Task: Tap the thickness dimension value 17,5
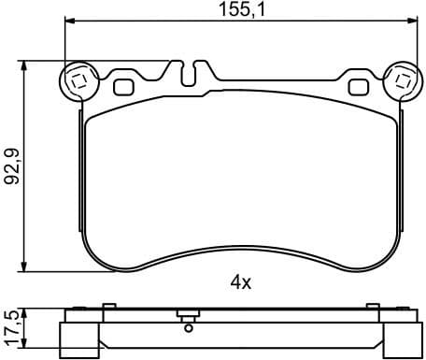[x=12, y=327]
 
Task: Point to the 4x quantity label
[x=241, y=281]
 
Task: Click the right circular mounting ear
[x=404, y=80]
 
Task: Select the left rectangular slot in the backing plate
[x=123, y=88]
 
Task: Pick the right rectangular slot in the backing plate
[x=358, y=88]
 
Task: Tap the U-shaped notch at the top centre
[x=192, y=74]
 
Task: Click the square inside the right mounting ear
[x=404, y=80]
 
